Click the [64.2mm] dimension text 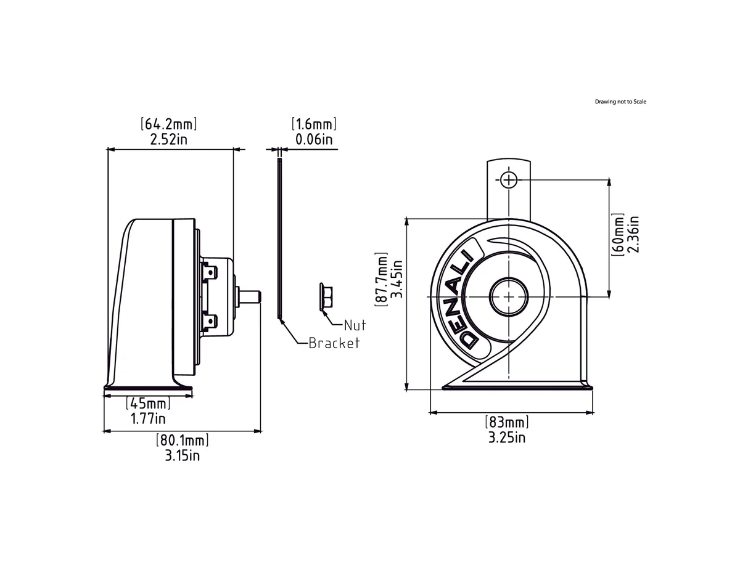170,124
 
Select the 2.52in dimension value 169,139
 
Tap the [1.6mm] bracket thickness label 314,124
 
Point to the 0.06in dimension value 314,139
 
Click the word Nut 355,325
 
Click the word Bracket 334,343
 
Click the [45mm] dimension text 148,404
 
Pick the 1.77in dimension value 148,419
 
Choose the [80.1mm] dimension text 182,441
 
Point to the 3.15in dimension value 182,455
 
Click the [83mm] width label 507,423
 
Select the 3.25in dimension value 507,438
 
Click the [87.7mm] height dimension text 382,279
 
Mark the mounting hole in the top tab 508,180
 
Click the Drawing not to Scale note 620,102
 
